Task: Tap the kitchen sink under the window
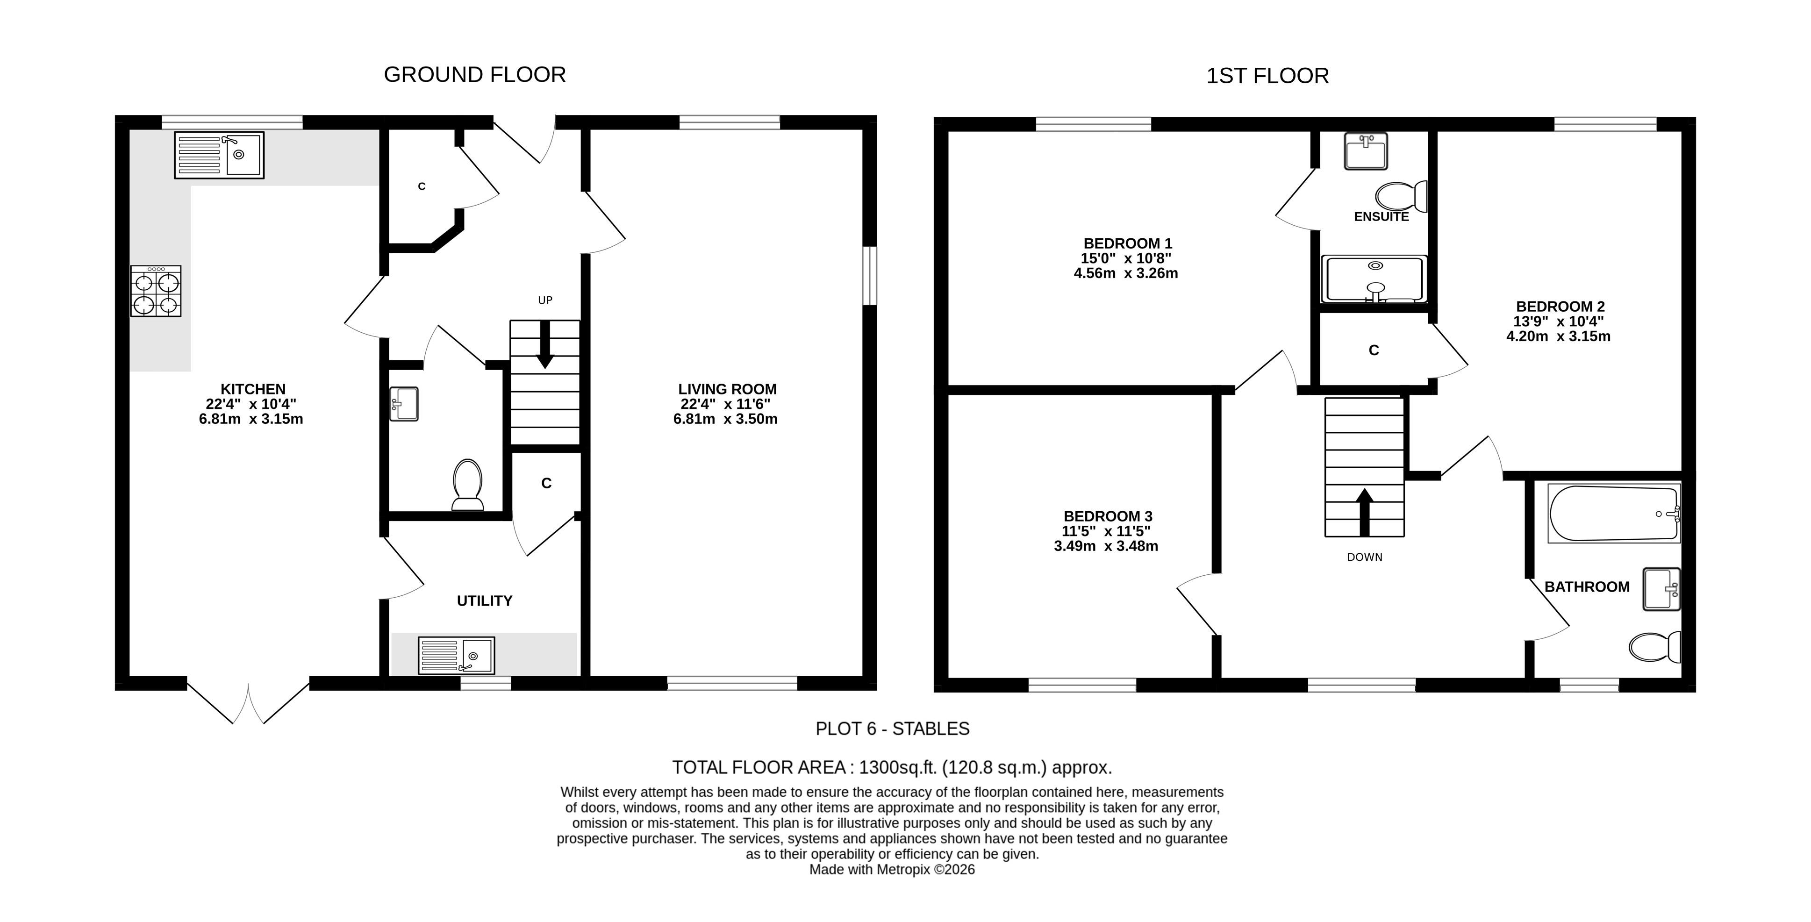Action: (x=219, y=155)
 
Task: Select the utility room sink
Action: (x=456, y=656)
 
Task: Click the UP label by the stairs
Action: (x=545, y=300)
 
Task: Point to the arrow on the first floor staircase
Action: (x=1365, y=512)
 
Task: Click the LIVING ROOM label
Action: (x=727, y=389)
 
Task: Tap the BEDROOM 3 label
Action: (x=1108, y=516)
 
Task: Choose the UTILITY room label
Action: (x=484, y=601)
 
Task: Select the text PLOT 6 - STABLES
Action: (x=892, y=729)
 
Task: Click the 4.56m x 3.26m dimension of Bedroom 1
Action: (x=1125, y=273)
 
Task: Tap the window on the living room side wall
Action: (x=870, y=275)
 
